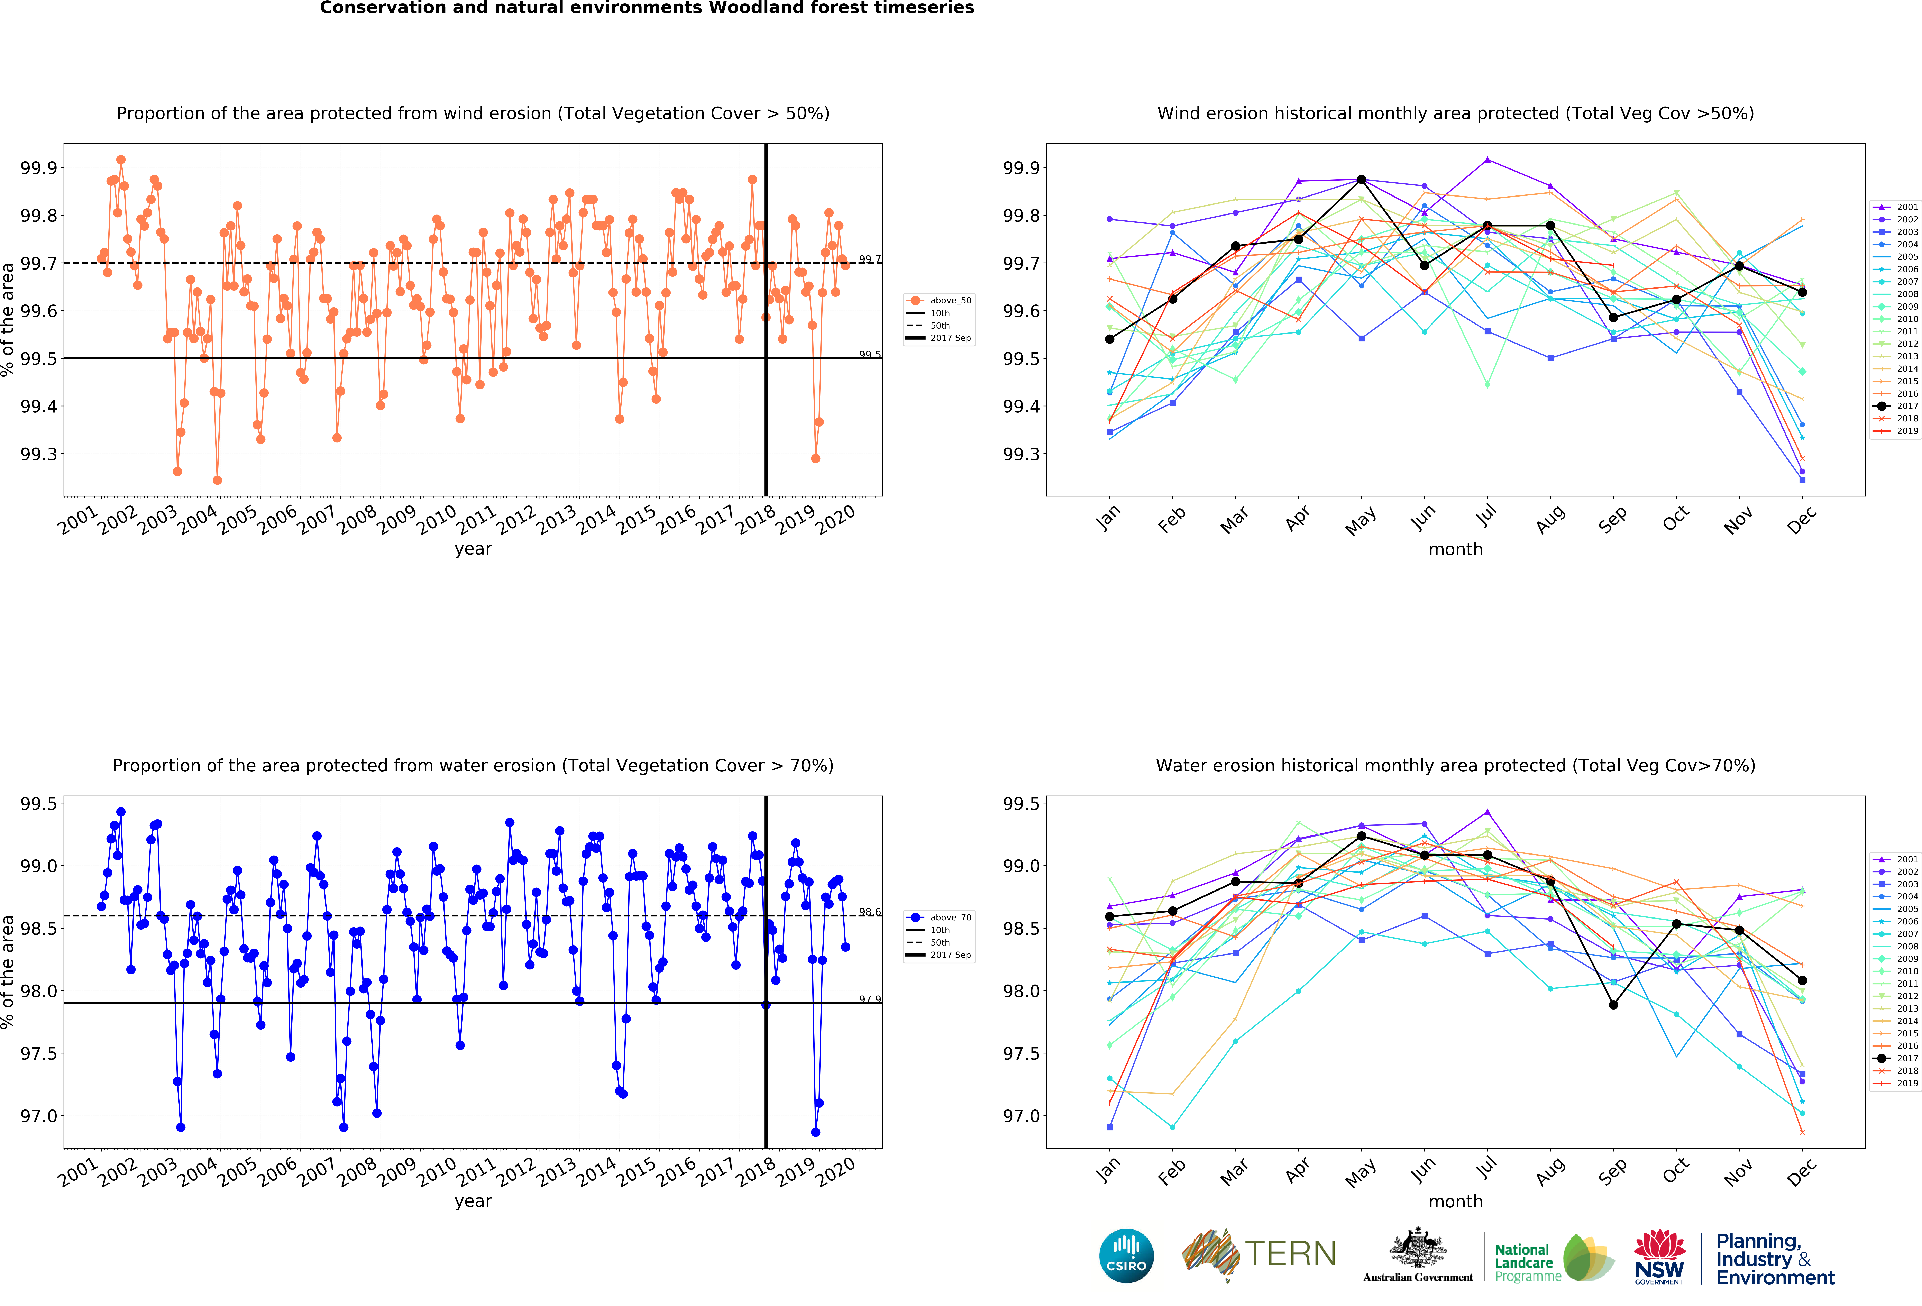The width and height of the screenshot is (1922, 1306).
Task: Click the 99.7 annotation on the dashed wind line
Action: click(869, 259)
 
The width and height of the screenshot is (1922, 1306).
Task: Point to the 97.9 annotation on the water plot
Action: click(869, 999)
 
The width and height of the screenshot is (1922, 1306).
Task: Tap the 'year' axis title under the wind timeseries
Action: click(473, 549)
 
